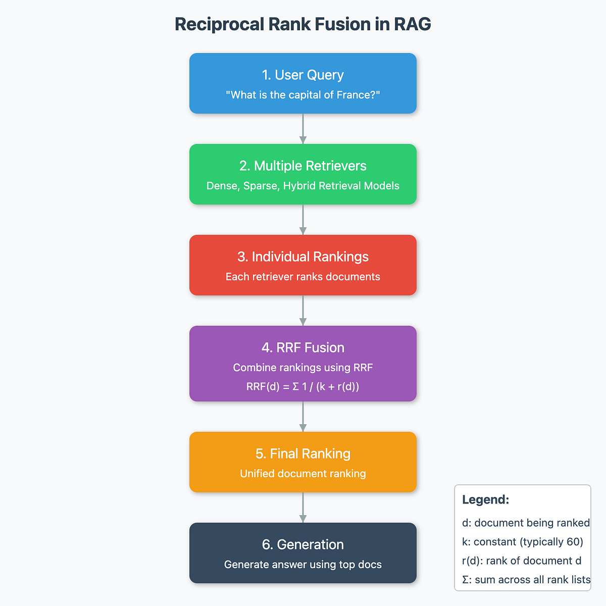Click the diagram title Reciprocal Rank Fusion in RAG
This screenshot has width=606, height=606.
coord(303,24)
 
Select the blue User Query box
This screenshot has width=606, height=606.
coord(303,83)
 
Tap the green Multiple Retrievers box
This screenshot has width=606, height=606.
coord(303,174)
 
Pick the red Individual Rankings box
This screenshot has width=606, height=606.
coord(303,265)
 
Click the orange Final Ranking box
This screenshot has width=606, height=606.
coord(303,462)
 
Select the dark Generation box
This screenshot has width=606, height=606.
coord(303,553)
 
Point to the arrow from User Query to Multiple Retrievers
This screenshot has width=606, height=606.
coord(303,129)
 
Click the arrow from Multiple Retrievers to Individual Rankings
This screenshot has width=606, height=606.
coord(303,220)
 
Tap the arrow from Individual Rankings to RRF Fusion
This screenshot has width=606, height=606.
coord(303,311)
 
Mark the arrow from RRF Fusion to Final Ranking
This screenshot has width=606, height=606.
coord(303,417)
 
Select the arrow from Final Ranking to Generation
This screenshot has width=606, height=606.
coord(303,508)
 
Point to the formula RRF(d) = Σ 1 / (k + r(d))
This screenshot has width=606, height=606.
coord(303,387)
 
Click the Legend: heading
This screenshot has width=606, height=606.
coord(485,500)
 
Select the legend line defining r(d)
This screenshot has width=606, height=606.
coord(522,561)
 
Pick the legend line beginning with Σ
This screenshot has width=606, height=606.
coord(526,580)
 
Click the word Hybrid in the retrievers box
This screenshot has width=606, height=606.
coord(300,186)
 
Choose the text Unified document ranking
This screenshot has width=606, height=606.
coord(303,474)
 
